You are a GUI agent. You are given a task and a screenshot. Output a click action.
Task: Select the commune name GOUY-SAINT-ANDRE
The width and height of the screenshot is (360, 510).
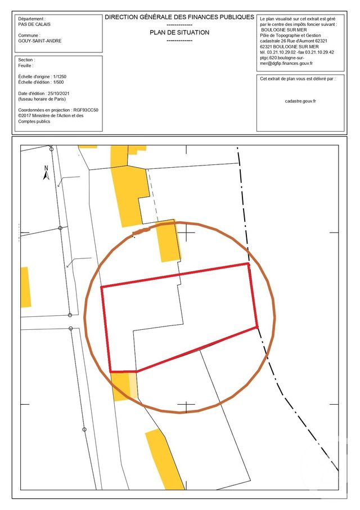[40, 41]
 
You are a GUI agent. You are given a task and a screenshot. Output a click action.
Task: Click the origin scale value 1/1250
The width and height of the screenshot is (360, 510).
[62, 76]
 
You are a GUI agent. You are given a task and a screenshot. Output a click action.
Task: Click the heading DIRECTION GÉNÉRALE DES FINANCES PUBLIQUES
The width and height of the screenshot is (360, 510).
[179, 17]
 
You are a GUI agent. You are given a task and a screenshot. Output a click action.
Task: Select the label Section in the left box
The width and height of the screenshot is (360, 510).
[26, 60]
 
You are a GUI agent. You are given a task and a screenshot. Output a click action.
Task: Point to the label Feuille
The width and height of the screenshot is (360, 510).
[26, 65]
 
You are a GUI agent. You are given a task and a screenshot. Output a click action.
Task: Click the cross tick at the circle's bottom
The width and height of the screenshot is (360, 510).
[186, 406]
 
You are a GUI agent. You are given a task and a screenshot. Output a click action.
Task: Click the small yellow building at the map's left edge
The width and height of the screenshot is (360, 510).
[25, 287]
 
